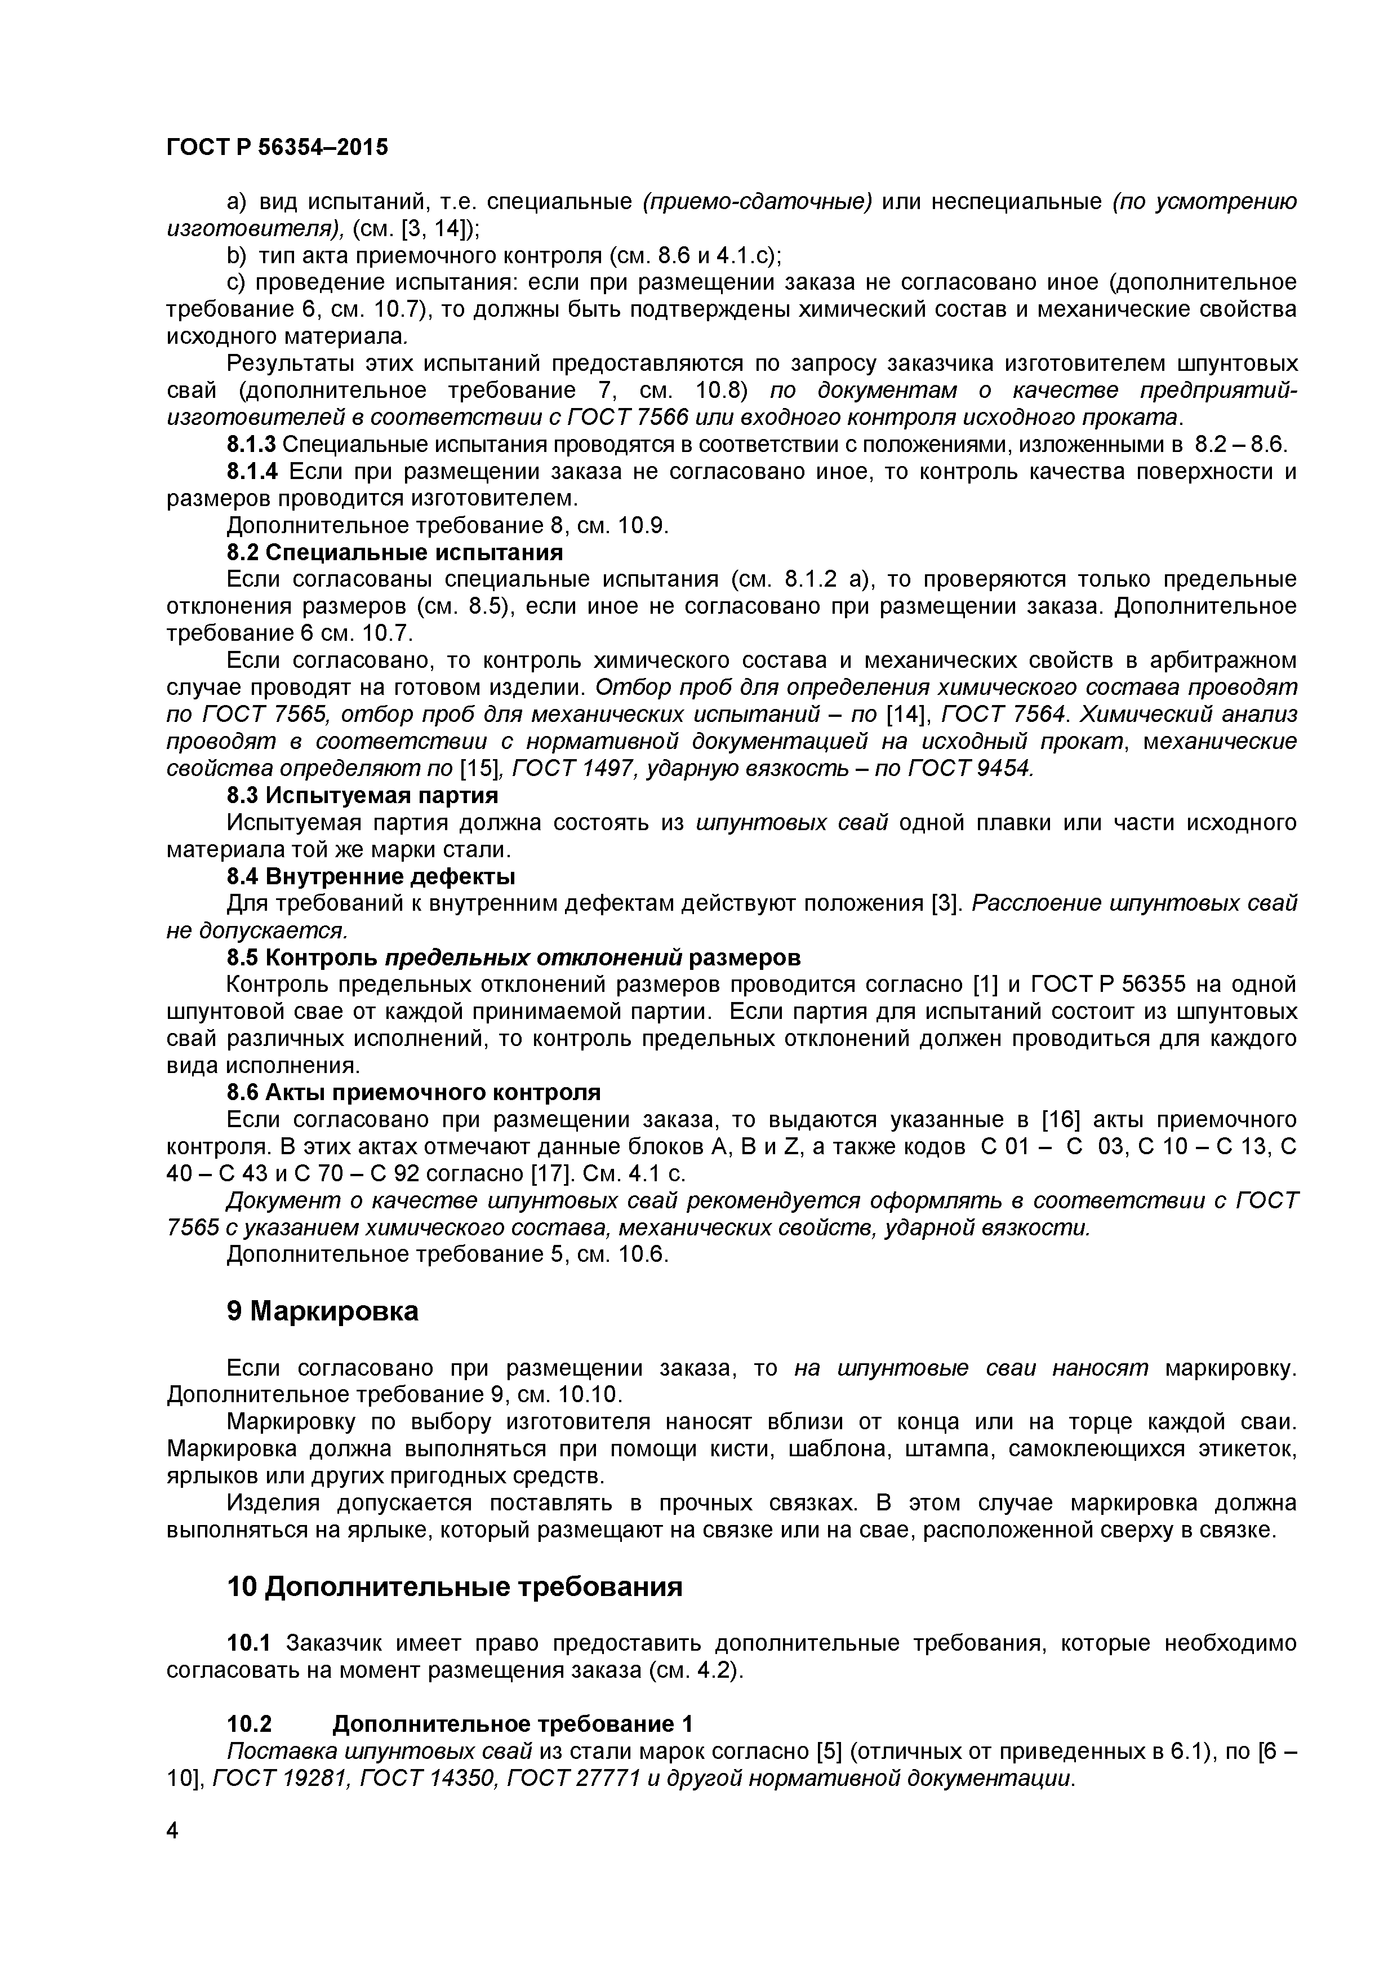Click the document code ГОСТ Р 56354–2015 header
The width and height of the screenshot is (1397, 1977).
[277, 147]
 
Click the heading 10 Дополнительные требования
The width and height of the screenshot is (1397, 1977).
[455, 1586]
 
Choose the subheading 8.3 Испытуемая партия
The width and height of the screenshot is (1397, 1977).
[362, 795]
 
